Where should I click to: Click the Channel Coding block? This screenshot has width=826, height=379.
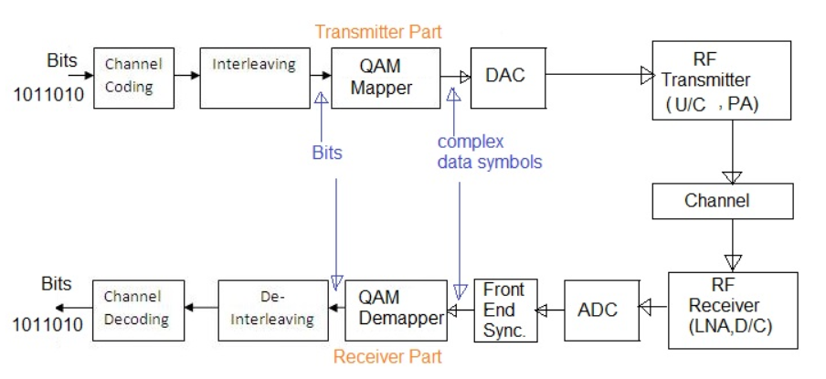click(x=132, y=78)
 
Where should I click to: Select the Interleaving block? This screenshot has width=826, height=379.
click(x=253, y=78)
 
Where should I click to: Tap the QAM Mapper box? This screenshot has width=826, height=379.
click(x=385, y=78)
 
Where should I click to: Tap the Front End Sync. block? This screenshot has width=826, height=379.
click(x=504, y=311)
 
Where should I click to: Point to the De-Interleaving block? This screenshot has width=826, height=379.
click(x=273, y=310)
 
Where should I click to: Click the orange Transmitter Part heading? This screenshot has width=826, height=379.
click(x=378, y=32)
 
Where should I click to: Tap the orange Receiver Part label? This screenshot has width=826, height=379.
click(x=387, y=356)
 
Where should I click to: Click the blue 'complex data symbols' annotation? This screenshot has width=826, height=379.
click(x=489, y=153)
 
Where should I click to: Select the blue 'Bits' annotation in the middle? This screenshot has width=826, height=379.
click(x=326, y=153)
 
